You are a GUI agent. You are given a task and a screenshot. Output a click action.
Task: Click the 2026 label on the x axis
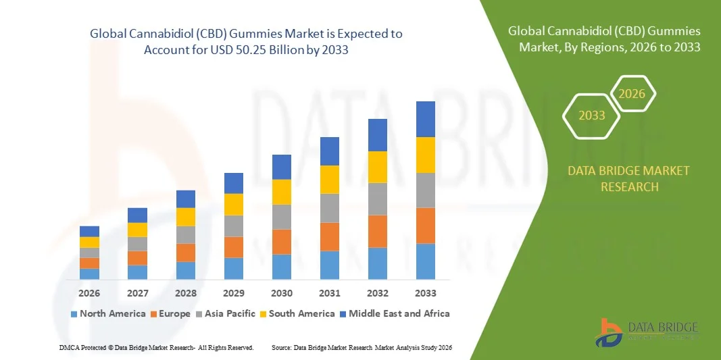coord(89,293)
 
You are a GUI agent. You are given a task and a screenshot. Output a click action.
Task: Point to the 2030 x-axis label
coord(282,293)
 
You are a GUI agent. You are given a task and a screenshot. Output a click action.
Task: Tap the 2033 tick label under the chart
coord(426,293)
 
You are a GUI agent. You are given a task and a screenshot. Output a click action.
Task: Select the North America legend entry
coord(108,313)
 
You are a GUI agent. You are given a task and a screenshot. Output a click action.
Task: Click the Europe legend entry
coord(173,313)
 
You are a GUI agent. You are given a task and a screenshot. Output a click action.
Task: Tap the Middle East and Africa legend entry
coord(395,313)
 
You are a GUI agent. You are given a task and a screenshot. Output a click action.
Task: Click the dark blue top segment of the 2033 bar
coord(426,119)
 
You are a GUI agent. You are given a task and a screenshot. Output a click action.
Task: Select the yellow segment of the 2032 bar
coord(378,167)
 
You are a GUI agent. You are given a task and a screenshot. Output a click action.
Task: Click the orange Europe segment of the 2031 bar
coord(330,236)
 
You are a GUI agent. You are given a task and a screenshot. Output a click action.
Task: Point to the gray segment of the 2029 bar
coord(234,226)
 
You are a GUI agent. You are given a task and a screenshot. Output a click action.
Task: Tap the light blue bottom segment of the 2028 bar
coord(186,270)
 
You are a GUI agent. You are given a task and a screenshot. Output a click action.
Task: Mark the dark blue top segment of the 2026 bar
coord(89,231)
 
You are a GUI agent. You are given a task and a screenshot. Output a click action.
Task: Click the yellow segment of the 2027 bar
coord(137,230)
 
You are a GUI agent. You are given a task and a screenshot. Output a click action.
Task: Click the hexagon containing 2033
coord(592,115)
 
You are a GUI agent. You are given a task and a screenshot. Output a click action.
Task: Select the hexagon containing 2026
coord(632,94)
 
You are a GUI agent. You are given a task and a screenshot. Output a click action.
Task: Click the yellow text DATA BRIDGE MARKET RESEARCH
coord(629,178)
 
